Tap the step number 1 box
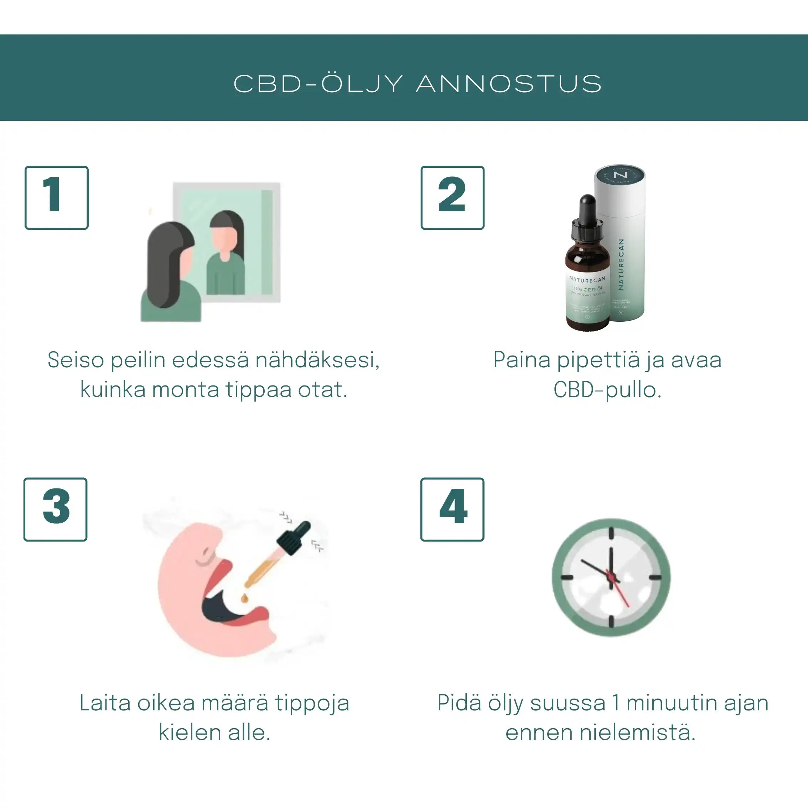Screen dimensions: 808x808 [x=56, y=198]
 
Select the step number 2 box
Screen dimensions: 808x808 [x=452, y=198]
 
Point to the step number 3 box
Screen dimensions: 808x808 [x=56, y=509]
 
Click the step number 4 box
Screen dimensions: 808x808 [x=452, y=509]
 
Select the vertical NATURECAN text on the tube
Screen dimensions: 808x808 [x=621, y=264]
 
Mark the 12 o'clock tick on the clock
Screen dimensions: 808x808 [x=611, y=533]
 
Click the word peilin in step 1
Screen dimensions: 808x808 [x=138, y=360]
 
